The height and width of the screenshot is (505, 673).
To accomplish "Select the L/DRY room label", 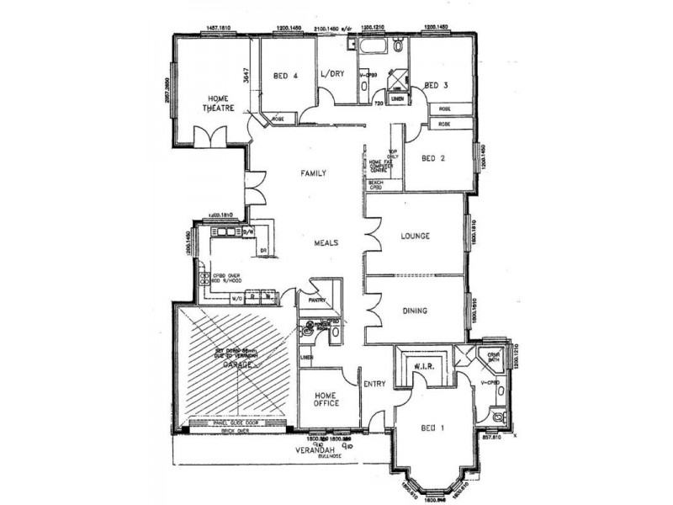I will [x=333, y=73].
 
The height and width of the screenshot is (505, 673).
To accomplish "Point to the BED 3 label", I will [x=436, y=85].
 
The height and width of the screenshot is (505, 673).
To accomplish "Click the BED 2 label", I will [x=433, y=158].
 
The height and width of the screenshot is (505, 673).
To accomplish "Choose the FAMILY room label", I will [x=314, y=173].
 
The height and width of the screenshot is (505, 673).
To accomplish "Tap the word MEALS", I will [x=326, y=242].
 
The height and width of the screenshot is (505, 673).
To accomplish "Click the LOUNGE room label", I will [x=416, y=237].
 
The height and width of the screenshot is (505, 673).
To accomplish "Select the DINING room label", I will [x=414, y=311].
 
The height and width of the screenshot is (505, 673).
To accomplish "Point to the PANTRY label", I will [x=317, y=300].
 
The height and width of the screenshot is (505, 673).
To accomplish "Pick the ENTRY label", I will [x=374, y=385].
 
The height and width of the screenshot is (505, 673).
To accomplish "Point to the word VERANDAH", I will [x=311, y=450].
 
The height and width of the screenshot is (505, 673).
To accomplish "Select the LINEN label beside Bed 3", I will [x=399, y=100].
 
